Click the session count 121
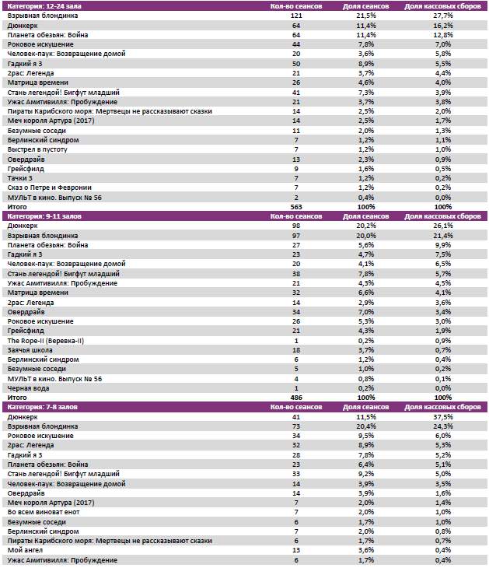(296, 16)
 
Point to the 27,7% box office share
(442, 16)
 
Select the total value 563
(295, 207)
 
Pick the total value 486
(295, 398)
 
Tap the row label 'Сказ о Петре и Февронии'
(48, 188)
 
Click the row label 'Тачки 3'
(21, 178)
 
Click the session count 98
(296, 226)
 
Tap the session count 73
(296, 426)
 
